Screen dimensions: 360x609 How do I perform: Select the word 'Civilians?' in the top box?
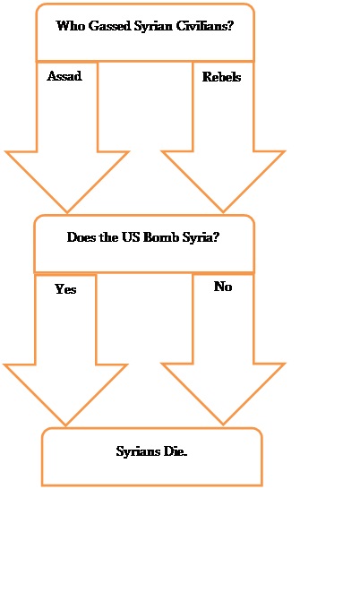pos(205,26)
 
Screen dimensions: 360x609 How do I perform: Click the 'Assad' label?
pos(64,76)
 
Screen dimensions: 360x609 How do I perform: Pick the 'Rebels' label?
pos(221,77)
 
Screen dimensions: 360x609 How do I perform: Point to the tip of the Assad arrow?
pos(67,212)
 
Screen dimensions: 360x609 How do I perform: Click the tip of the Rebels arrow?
pos(223,212)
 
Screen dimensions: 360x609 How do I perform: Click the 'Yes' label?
pos(65,289)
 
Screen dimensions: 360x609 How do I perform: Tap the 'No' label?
pos(223,287)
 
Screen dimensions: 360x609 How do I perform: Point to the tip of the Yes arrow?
pos(65,425)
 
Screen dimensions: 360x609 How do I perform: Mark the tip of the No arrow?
pos(223,425)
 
